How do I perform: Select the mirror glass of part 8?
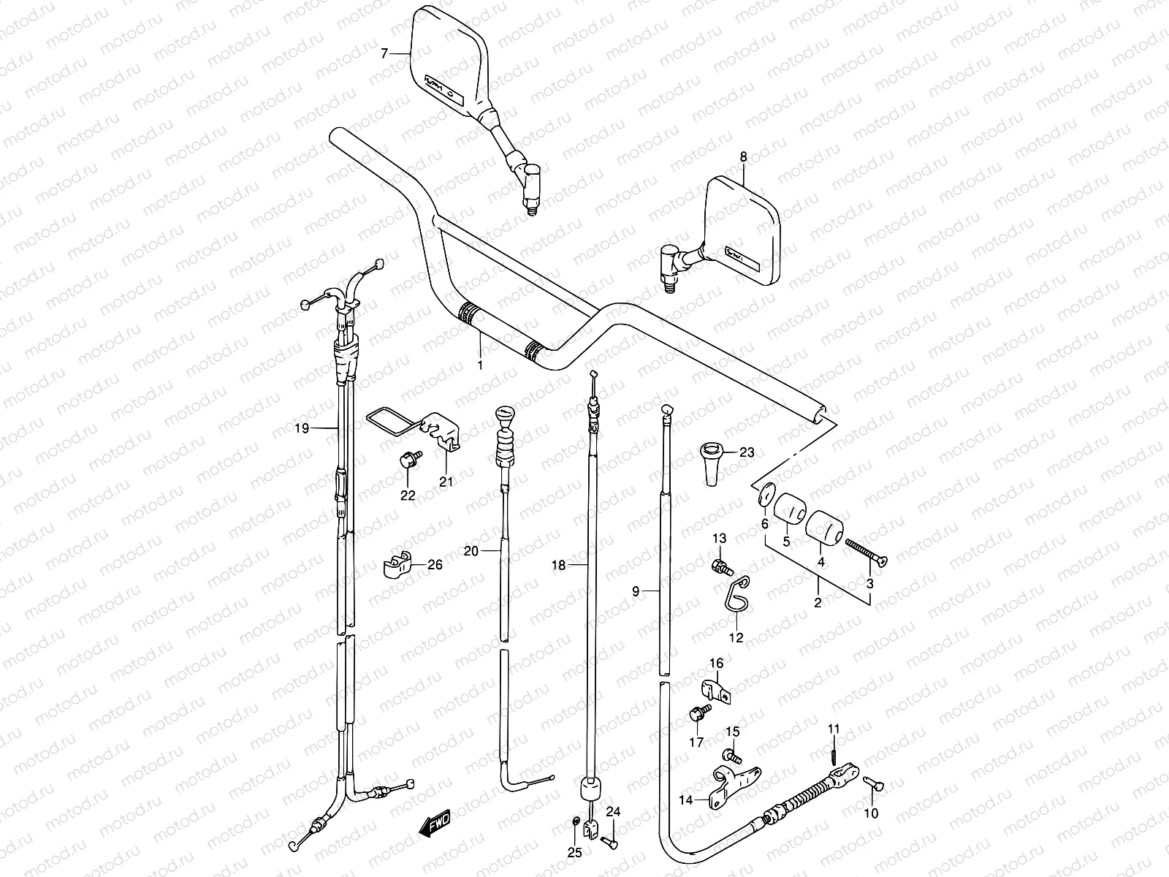[742, 230]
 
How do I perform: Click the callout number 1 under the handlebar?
[480, 364]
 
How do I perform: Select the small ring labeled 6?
[764, 493]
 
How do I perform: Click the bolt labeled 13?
[720, 566]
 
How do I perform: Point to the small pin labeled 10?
[874, 786]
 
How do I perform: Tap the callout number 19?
[302, 428]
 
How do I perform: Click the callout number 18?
[558, 565]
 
